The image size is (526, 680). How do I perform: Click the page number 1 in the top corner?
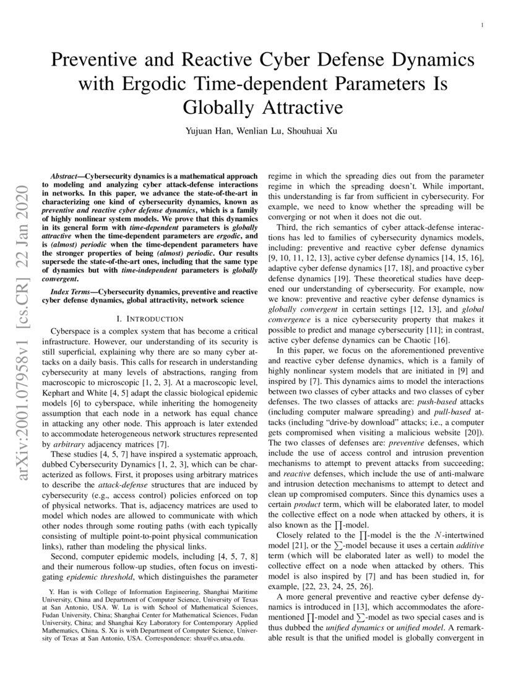481,25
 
